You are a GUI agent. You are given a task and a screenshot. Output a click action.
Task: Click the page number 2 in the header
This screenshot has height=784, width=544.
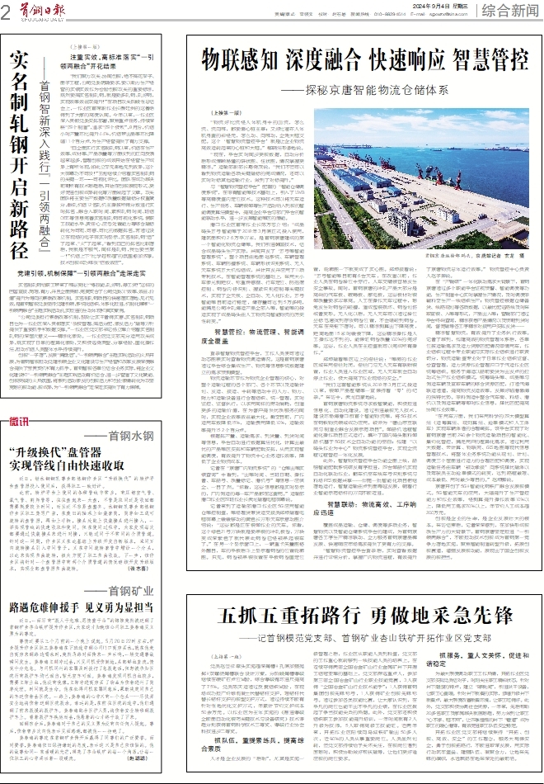point(7,11)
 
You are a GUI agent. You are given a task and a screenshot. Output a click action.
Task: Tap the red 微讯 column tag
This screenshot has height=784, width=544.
point(19,423)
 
